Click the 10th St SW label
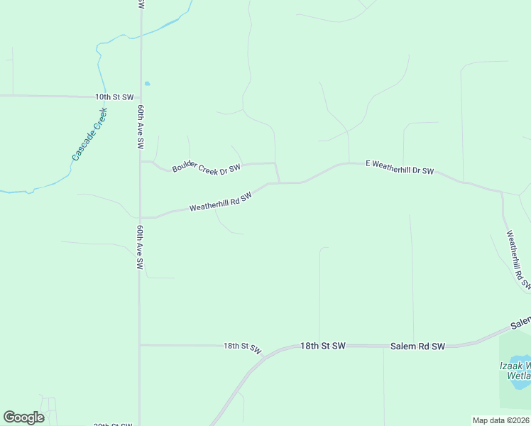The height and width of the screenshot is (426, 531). coord(114,97)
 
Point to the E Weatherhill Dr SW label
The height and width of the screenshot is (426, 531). coord(399,168)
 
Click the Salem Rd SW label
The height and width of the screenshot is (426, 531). coord(417,346)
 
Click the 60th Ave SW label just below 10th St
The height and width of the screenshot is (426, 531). coord(141,127)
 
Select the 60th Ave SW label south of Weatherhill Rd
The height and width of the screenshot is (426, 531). coord(141,248)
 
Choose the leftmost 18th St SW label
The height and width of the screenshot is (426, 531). coord(243,347)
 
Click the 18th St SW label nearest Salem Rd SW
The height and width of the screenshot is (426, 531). coord(322,346)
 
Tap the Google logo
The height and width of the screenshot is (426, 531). coord(23,417)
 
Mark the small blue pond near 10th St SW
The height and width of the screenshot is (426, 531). coord(147,84)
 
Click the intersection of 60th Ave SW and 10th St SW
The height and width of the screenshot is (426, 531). coord(140,96)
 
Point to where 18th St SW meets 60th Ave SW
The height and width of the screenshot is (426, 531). coord(140,345)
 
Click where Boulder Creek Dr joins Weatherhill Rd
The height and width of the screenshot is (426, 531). coord(278,182)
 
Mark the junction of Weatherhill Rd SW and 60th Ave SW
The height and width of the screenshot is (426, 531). coord(141,217)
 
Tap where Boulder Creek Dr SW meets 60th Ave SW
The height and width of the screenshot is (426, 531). coord(141,161)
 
